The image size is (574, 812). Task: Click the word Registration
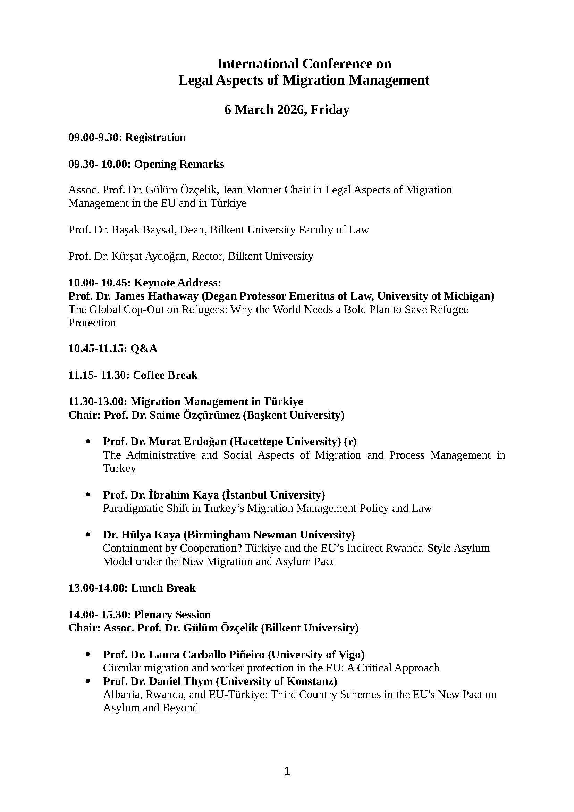(x=155, y=137)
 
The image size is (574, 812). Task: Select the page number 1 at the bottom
(x=287, y=771)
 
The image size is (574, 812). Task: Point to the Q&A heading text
(x=144, y=349)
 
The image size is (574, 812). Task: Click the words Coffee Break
(x=165, y=375)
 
